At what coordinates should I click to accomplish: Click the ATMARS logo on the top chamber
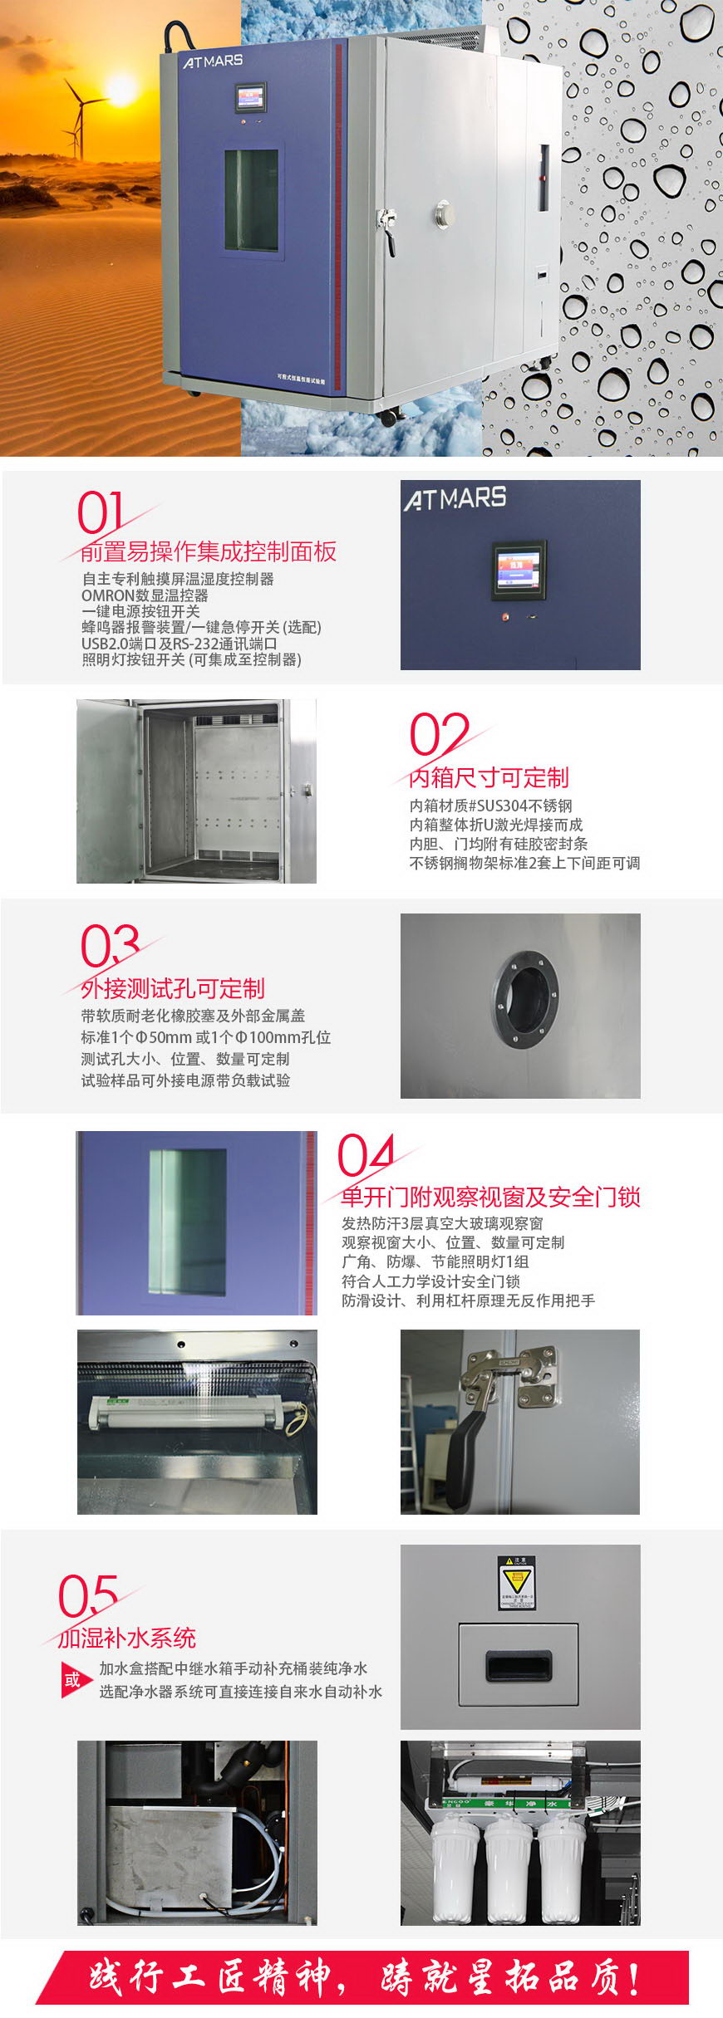(214, 61)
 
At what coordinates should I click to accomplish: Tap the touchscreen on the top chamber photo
(251, 98)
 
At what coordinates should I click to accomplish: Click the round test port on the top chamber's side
(444, 213)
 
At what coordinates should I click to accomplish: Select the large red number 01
(101, 512)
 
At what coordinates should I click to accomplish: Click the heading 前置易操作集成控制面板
(209, 551)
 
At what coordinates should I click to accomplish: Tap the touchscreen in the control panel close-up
(519, 570)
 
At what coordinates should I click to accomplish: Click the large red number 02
(439, 734)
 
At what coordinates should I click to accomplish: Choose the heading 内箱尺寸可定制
(489, 777)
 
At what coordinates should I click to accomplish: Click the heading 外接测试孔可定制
(173, 988)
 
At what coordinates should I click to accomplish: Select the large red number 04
(366, 1155)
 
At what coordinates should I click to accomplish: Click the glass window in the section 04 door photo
(188, 1222)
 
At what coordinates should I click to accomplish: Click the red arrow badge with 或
(75, 1680)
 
